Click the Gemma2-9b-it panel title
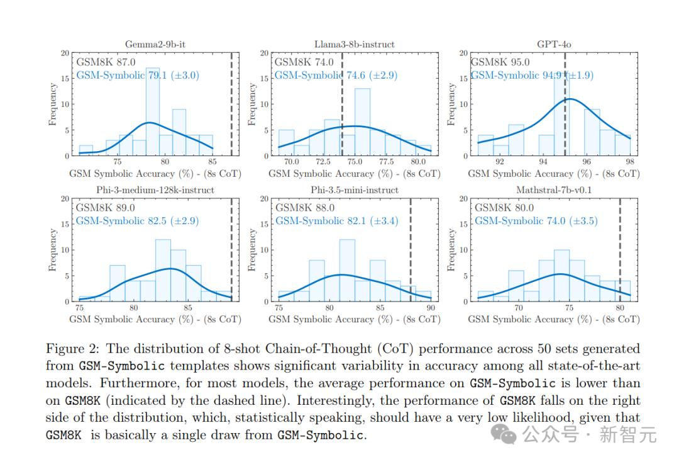point(154,45)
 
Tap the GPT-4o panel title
point(554,45)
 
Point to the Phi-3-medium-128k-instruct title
point(155,189)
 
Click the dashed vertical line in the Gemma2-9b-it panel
point(231,104)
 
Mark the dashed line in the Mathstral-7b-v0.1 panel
point(620,252)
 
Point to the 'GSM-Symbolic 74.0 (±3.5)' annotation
point(536,221)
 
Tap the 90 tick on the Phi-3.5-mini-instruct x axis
point(431,308)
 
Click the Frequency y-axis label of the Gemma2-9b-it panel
point(53,104)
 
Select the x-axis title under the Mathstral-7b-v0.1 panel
point(554,319)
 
